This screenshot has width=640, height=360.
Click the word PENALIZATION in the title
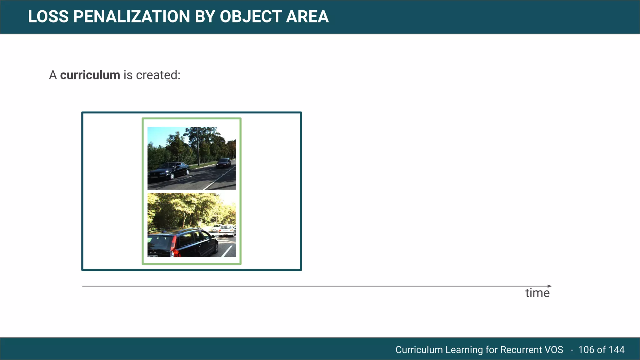[x=131, y=17]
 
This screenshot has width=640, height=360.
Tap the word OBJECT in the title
[x=250, y=17]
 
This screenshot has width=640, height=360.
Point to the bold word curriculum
[x=90, y=75]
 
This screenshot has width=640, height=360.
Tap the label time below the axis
[x=537, y=293]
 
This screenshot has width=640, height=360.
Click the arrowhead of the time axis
[x=550, y=286]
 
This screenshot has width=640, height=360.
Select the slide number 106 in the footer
[x=586, y=349]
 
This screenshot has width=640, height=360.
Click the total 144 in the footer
[x=616, y=349]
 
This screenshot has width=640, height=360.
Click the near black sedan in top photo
[x=169, y=171]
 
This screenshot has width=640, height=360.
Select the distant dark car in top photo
[x=224, y=163]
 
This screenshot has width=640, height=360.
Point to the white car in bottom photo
[x=227, y=231]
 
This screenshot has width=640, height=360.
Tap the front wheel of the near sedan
[x=172, y=176]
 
